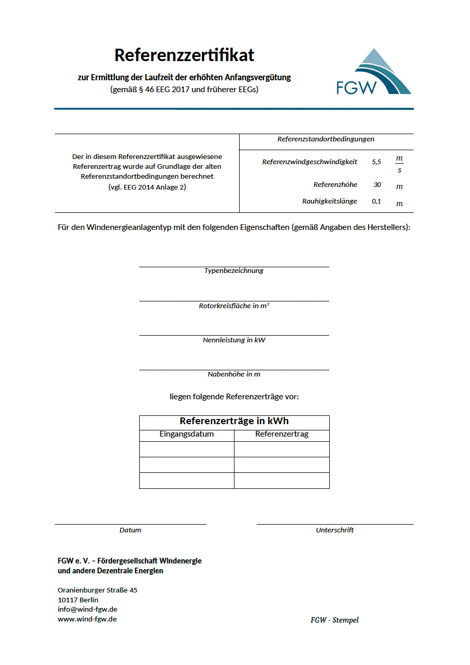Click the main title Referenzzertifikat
pyautogui.click(x=184, y=55)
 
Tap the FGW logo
pyautogui.click(x=373, y=73)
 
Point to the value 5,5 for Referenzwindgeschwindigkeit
pyautogui.click(x=376, y=162)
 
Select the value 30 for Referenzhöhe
pyautogui.click(x=377, y=185)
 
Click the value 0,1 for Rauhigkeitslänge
pyautogui.click(x=376, y=201)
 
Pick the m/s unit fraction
pyautogui.click(x=399, y=164)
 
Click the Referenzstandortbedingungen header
pyautogui.click(x=326, y=139)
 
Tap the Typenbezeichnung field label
pyautogui.click(x=234, y=271)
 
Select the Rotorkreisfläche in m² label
pyautogui.click(x=234, y=306)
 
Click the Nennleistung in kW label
pyautogui.click(x=234, y=340)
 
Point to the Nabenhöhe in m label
pyautogui.click(x=234, y=374)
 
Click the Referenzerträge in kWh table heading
pyautogui.click(x=234, y=421)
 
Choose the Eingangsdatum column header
pyautogui.click(x=186, y=435)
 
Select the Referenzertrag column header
pyautogui.click(x=282, y=435)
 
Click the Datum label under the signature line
pyautogui.click(x=130, y=530)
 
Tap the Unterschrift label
pyautogui.click(x=335, y=530)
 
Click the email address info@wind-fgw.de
pyautogui.click(x=87, y=610)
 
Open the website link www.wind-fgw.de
pyautogui.click(x=87, y=619)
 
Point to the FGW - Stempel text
pyautogui.click(x=334, y=620)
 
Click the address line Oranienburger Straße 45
pyautogui.click(x=97, y=590)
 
